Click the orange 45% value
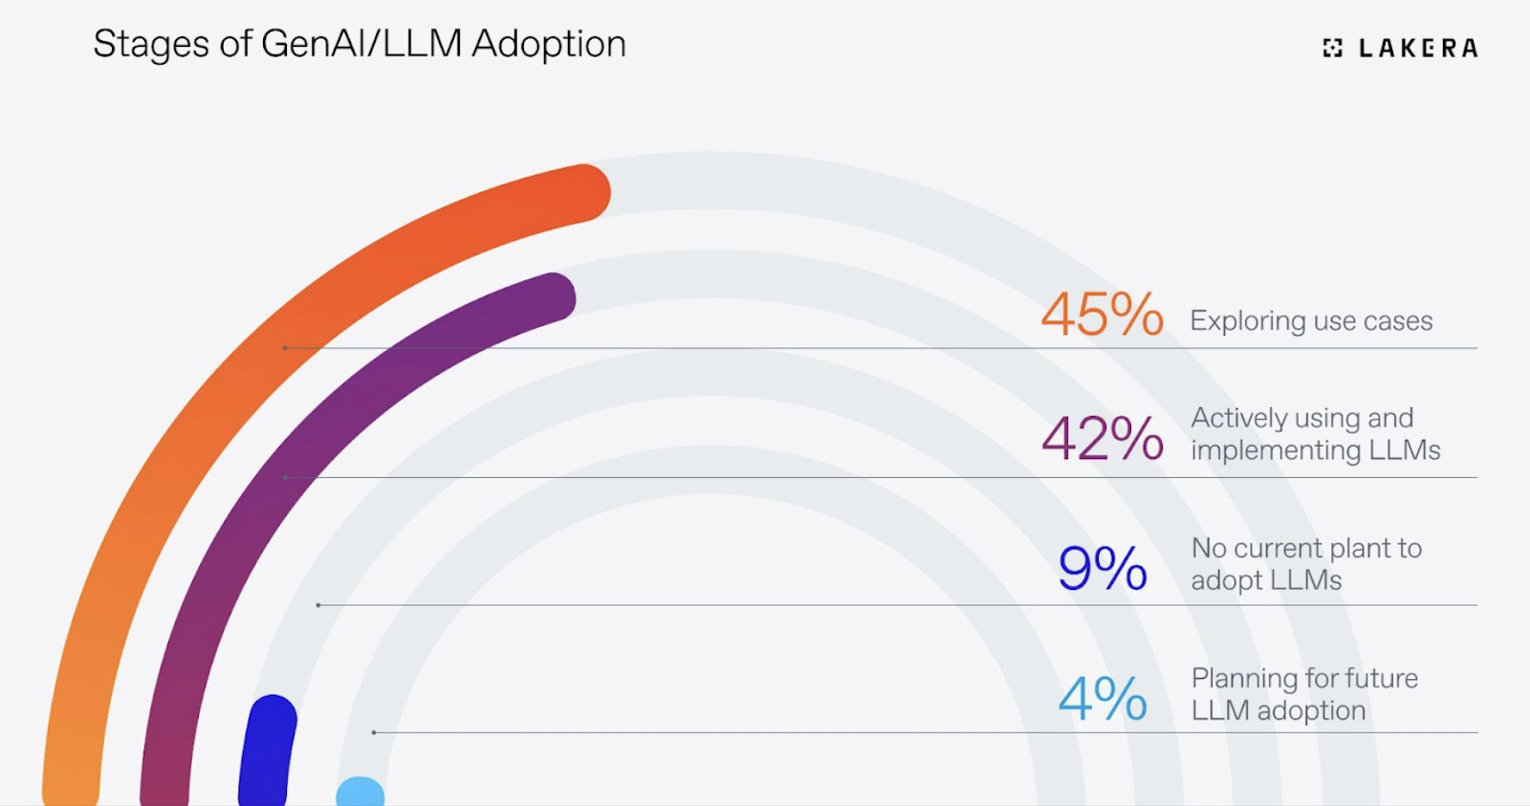[x=1102, y=315]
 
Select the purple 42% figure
[x=1102, y=439]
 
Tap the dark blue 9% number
[x=1102, y=568]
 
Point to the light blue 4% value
[x=1102, y=698]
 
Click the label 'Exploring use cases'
[x=1311, y=321]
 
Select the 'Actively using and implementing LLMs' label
[x=1315, y=434]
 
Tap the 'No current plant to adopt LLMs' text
[x=1306, y=564]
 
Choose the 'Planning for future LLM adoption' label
[x=1304, y=694]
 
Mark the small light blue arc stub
[x=361, y=793]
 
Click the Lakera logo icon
[x=1332, y=48]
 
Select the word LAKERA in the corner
[x=1418, y=48]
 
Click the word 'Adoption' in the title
[x=549, y=44]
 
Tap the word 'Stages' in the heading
[x=150, y=45]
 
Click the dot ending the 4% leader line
[x=374, y=732]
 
